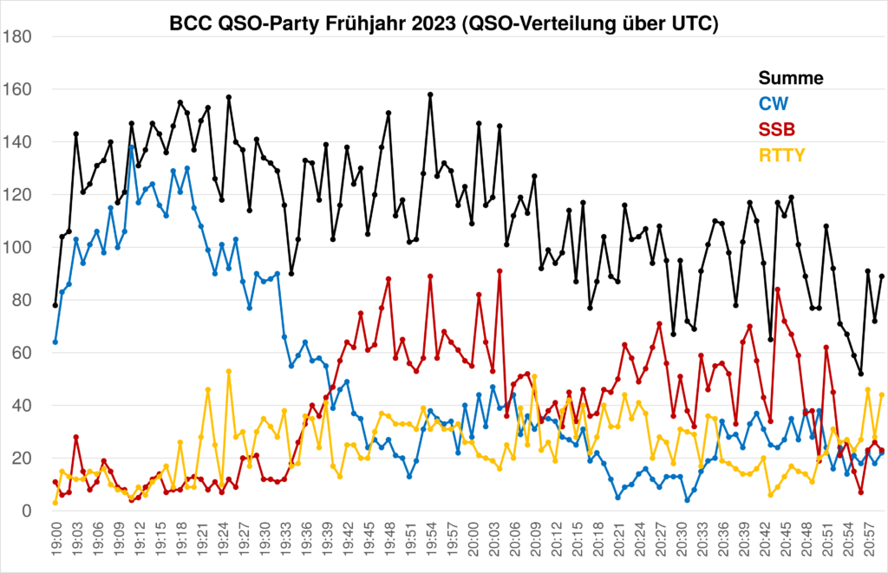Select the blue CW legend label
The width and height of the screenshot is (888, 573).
(x=774, y=104)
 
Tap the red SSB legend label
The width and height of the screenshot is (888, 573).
(x=777, y=130)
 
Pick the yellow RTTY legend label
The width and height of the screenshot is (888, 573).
(x=782, y=156)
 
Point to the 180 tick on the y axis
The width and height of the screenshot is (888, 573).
(x=17, y=37)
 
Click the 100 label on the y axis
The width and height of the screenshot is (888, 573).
(x=17, y=248)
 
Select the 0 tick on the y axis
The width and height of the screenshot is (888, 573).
(x=27, y=511)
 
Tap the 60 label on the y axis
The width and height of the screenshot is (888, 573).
(x=22, y=354)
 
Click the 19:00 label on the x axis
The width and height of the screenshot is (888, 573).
(x=55, y=544)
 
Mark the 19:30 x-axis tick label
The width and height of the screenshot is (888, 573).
(x=264, y=544)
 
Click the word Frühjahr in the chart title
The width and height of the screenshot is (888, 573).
(x=365, y=25)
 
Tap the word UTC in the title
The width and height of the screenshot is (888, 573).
(x=690, y=25)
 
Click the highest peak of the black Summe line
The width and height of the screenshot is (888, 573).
(x=430, y=94)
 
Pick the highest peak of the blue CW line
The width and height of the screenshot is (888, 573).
(x=132, y=147)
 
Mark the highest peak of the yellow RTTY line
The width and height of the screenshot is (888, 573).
(x=229, y=371)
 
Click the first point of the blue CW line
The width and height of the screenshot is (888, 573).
(x=55, y=342)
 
